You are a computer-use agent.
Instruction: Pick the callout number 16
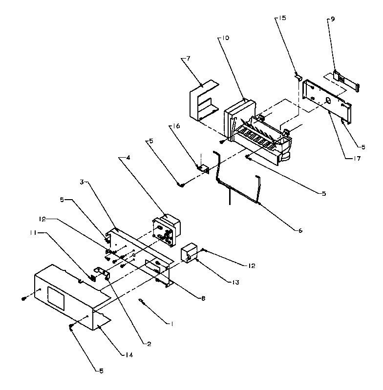[176, 126]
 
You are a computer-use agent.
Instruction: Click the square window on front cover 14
[55, 297]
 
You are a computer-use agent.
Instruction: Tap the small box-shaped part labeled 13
[189, 254]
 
